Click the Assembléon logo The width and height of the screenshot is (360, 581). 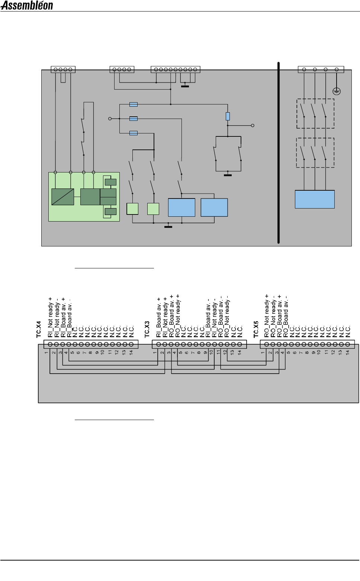[27, 6]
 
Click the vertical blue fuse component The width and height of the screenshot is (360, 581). [228, 116]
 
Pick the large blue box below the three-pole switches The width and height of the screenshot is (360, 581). [315, 199]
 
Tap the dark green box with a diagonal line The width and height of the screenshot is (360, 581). [62, 197]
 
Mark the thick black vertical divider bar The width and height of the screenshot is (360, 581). [278, 152]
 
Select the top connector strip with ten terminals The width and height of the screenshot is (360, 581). [175, 70]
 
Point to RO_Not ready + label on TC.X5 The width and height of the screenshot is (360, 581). [266, 316]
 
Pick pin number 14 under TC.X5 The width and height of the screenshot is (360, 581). [347, 352]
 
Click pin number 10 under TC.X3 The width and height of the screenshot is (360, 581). [211, 352]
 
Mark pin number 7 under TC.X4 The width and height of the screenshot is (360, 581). [84, 352]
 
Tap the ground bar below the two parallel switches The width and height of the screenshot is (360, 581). [228, 175]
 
